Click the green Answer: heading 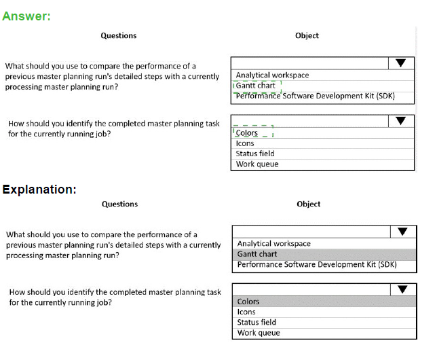click(26, 16)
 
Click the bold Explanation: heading click(39, 190)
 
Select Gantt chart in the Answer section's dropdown click(256, 86)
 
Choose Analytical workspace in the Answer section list click(272, 75)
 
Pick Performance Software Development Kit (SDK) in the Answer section click(315, 96)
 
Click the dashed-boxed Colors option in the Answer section click(247, 133)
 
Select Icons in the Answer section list click(245, 143)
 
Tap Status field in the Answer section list click(255, 154)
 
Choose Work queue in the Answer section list click(257, 164)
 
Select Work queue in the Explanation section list click(259, 333)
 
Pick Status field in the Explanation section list click(256, 323)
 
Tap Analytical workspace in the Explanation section click(273, 243)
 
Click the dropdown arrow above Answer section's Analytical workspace click(400, 63)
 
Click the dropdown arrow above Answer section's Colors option click(400, 121)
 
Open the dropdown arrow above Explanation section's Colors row click(402, 289)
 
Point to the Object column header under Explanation click(308, 204)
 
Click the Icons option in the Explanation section click(246, 312)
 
